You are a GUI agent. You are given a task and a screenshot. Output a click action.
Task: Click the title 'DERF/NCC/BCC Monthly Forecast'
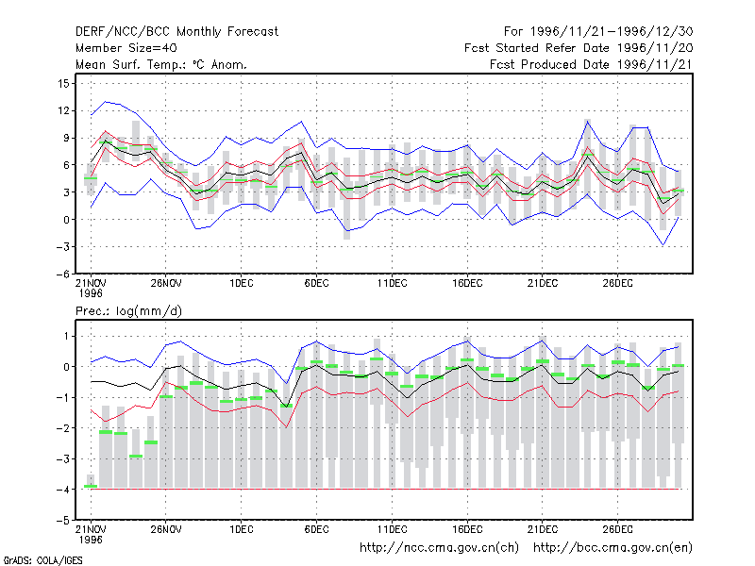[176, 32]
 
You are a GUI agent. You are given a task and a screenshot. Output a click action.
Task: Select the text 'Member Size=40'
[126, 48]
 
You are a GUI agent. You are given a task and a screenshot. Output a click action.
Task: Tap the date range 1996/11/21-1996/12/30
[612, 32]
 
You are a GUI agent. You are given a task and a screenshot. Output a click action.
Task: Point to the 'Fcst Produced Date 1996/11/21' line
[592, 64]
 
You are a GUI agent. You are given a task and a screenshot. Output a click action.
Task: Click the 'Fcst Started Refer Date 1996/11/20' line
[579, 48]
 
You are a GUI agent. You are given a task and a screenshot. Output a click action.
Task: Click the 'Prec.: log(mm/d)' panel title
[128, 311]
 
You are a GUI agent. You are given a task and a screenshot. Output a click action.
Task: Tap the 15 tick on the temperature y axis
[63, 84]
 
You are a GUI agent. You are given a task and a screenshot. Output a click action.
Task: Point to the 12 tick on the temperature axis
[63, 110]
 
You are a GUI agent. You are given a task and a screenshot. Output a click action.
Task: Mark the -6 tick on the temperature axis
[62, 275]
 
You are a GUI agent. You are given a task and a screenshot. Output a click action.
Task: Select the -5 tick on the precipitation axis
[62, 521]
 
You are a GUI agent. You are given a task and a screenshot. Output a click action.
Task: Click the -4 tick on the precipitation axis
[62, 490]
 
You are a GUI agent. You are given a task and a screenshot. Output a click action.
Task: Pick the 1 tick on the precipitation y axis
[66, 336]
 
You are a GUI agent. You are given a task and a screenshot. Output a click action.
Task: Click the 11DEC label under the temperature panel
[392, 284]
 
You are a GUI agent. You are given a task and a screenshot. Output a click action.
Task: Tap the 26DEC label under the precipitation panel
[618, 529]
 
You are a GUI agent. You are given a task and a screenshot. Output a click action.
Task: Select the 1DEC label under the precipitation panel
[242, 529]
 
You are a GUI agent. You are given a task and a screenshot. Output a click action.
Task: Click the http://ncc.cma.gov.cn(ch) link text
[440, 548]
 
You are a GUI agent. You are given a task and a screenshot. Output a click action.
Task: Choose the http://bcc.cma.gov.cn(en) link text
[612, 548]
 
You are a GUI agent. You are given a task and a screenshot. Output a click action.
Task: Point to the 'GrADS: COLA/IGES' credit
[42, 560]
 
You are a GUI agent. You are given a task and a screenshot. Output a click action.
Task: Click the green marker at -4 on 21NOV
[91, 487]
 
